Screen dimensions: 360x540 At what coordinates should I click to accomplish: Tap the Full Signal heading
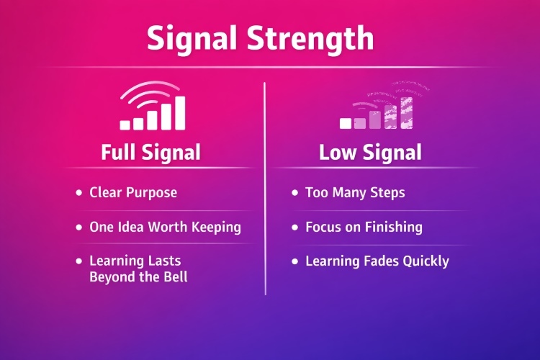150,153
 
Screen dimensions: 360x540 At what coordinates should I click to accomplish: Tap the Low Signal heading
371,153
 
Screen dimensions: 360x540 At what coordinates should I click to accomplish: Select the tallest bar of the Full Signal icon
180,112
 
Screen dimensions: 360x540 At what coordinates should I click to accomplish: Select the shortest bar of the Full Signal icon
125,125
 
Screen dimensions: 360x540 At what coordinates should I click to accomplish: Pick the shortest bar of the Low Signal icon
346,124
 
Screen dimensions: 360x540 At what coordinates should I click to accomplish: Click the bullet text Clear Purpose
133,193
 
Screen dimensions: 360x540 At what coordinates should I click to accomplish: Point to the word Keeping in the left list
215,227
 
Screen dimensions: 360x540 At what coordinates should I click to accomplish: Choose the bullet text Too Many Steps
355,193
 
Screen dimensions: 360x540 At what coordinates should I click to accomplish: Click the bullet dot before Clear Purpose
78,193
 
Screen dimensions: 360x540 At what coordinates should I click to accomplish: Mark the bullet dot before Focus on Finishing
294,227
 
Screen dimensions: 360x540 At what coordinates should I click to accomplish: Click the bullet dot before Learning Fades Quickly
294,261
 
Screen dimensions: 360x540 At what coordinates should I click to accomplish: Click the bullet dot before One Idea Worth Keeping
78,227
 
